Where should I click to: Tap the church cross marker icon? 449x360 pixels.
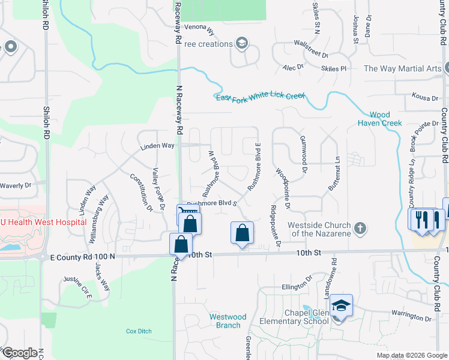(360, 229)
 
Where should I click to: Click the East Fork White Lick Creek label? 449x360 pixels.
(261, 96)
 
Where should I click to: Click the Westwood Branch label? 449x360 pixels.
(228, 321)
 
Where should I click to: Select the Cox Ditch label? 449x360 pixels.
(139, 331)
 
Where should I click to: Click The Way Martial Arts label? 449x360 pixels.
(402, 68)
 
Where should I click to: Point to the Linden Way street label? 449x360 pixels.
(157, 146)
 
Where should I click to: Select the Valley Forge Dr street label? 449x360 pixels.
(159, 190)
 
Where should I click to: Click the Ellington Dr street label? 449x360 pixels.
(298, 287)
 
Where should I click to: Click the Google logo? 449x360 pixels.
(19, 353)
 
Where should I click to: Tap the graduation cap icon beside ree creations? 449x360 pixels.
(241, 43)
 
